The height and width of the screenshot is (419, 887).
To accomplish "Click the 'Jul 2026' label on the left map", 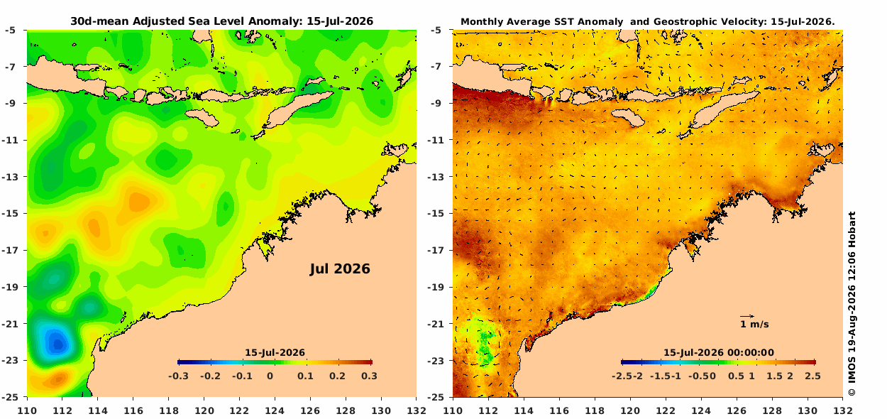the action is pos(340,269).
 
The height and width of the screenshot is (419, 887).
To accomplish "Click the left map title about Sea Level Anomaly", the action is pos(221,21).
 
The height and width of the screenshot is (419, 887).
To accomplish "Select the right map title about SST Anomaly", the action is pos(648,22).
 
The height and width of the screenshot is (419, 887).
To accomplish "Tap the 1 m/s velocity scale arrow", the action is pos(747,316).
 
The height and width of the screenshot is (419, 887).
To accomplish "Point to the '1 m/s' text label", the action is pos(754,325).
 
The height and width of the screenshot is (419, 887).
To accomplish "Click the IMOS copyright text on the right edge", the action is pos(852,304).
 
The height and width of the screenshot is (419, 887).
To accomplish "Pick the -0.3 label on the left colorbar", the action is pos(178,376).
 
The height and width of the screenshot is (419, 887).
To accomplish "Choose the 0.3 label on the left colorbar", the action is pos(369,376).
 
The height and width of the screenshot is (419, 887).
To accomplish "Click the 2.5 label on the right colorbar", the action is pos(812,376).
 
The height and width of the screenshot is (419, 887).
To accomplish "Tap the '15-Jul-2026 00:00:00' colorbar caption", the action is pos(719,352).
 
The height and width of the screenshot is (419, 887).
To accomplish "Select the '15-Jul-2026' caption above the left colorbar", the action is pos(275,352).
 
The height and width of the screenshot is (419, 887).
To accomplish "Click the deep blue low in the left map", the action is pos(57,343).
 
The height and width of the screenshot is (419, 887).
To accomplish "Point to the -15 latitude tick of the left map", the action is pos(13,213).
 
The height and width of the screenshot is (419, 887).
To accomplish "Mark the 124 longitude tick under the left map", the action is pos(275,410).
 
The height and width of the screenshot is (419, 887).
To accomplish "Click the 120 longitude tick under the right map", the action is pos(629,410).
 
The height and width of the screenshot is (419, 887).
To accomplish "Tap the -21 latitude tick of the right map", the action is pos(439,324).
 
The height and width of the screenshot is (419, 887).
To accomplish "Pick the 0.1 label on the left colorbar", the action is pos(305,376).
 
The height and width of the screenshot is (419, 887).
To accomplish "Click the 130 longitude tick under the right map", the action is pos(807,410).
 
